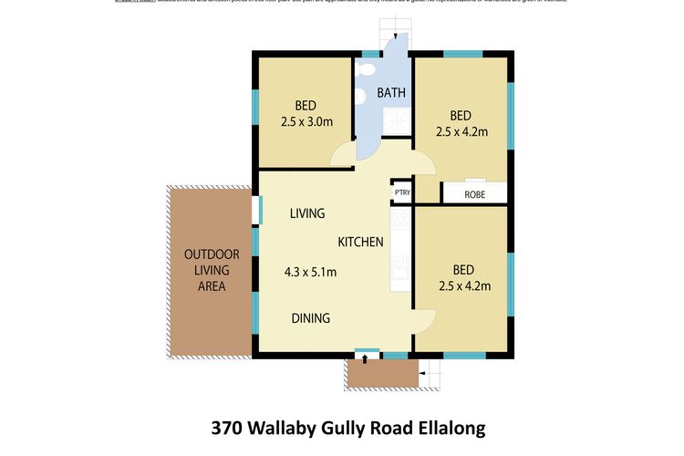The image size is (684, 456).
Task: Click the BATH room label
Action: click(391, 92)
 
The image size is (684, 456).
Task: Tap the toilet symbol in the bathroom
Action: click(365, 69)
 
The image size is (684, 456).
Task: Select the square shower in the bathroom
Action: click(396, 119)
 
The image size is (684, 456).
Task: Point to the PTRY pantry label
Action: click(401, 192)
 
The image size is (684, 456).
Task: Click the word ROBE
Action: click(474, 194)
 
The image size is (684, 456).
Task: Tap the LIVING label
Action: click(307, 213)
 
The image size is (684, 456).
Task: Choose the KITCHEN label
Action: click(360, 242)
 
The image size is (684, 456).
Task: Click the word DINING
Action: click(310, 318)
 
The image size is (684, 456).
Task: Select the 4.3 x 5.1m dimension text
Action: click(310, 272)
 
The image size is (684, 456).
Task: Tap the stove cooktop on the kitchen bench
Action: click(400, 220)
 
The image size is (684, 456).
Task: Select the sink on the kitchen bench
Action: click(399, 265)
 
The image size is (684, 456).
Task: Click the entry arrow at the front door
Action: click(366, 358)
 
